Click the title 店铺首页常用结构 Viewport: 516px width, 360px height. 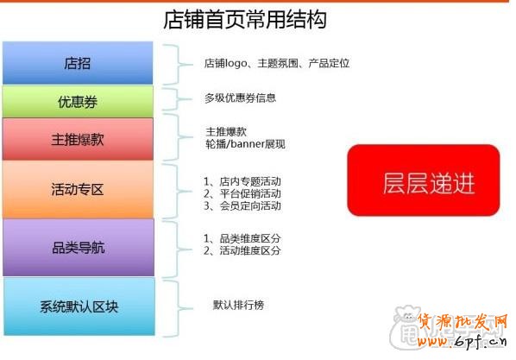[245, 18]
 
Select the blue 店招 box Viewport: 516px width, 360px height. [78, 63]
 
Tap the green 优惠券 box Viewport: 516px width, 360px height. [78, 102]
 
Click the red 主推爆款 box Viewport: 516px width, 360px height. [78, 140]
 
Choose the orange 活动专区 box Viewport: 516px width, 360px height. [78, 189]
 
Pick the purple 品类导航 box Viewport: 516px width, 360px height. [78, 248]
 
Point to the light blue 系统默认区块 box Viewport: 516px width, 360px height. [79, 306]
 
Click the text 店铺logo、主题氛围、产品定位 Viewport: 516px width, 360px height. [276, 64]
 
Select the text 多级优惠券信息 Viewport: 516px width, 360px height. [240, 98]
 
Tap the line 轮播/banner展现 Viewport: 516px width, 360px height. [244, 143]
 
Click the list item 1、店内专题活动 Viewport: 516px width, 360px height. [242, 181]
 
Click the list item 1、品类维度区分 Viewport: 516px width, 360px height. [242, 237]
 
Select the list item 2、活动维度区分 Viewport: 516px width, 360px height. [242, 250]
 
